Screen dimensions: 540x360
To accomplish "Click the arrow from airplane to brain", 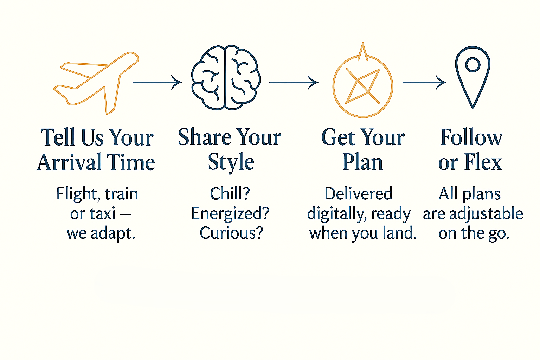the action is (157, 83).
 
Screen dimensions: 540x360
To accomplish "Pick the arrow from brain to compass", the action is (294, 83).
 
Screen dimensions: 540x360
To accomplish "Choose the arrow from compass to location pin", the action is (424, 83).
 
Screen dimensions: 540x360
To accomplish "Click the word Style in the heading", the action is (231, 163).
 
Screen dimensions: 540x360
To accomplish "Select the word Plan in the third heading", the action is (363, 162).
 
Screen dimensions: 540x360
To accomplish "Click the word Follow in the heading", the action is (471, 137).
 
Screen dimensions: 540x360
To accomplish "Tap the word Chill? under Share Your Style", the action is (230, 193).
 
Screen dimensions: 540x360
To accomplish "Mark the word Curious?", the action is (231, 233).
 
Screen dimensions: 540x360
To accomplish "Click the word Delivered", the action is (359, 193).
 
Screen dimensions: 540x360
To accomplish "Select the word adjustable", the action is (486, 214).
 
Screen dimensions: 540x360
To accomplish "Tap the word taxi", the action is (102, 214).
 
